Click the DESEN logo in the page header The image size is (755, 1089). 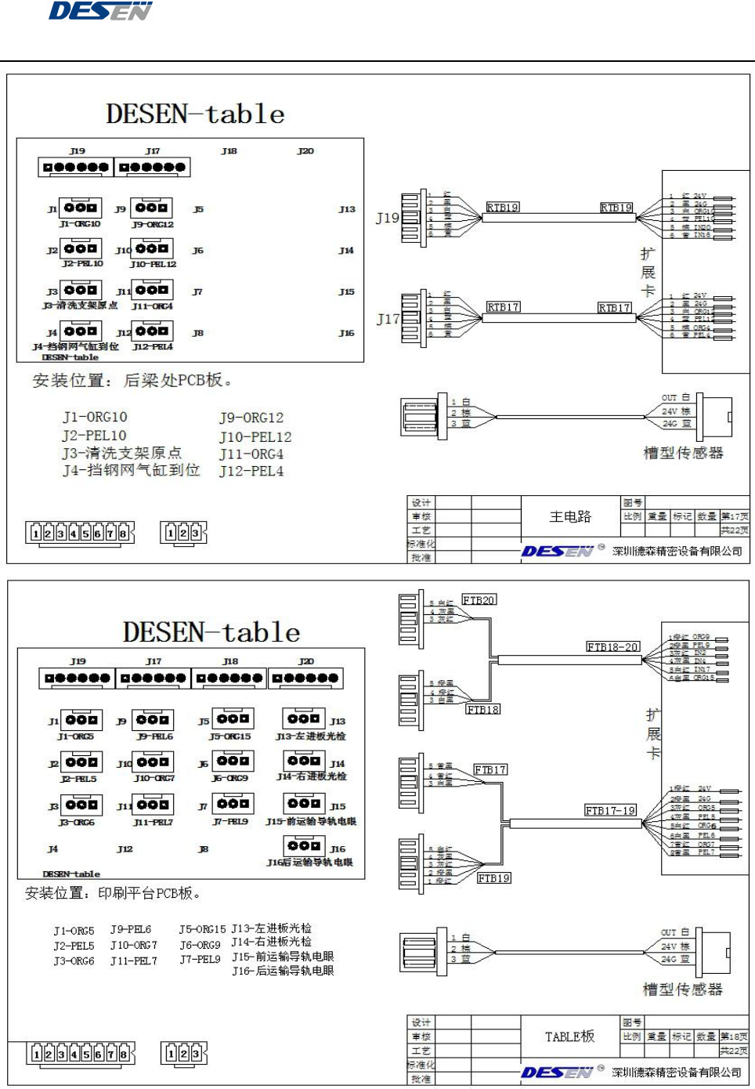[x=100, y=11]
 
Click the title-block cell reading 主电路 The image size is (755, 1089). [x=570, y=516]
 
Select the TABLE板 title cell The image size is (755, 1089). [x=569, y=1037]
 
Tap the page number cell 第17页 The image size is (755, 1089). [x=735, y=516]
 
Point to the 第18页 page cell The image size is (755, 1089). [x=735, y=1037]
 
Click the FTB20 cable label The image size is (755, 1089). [x=479, y=600]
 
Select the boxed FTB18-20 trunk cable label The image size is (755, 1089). [x=613, y=647]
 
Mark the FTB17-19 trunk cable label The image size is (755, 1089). [x=611, y=811]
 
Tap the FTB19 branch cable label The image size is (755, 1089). [x=493, y=878]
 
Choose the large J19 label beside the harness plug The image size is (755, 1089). [x=387, y=218]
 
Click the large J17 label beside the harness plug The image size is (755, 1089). [x=387, y=319]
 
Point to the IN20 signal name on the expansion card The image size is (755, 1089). [x=702, y=227]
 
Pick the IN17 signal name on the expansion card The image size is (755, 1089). [x=701, y=670]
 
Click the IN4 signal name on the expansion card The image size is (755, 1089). [x=699, y=661]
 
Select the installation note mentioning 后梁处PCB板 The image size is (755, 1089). [x=132, y=381]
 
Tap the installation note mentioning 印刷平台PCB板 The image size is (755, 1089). [x=114, y=893]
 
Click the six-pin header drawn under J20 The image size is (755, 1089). [x=305, y=678]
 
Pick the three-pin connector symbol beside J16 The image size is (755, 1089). [x=304, y=846]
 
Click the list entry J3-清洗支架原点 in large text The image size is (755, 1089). [x=122, y=453]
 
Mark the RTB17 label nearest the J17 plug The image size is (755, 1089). [x=503, y=307]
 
